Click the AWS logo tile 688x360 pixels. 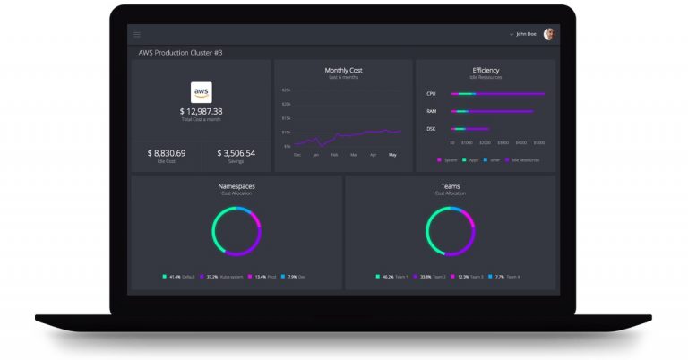click(202, 91)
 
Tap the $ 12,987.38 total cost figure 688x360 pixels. click(202, 111)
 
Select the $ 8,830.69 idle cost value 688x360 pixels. click(167, 153)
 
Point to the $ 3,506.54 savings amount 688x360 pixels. click(236, 153)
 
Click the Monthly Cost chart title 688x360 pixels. click(343, 70)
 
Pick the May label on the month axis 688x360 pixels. click(391, 155)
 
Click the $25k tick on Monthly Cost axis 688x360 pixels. click(287, 90)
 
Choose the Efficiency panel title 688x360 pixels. click(486, 70)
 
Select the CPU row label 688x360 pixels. click(431, 93)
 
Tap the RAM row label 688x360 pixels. click(431, 112)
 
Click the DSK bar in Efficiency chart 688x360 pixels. click(471, 130)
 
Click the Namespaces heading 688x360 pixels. click(236, 186)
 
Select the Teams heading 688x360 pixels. click(450, 186)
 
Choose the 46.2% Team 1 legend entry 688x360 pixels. click(391, 277)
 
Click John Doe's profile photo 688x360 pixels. click(549, 34)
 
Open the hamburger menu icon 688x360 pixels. click(137, 34)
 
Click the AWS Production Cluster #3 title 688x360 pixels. click(180, 53)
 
